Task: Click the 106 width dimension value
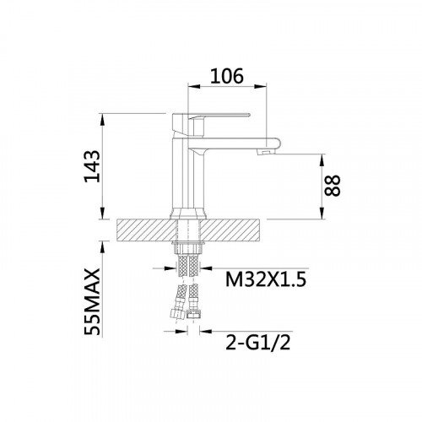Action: (226, 76)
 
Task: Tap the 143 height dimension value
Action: (92, 166)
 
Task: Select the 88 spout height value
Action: (333, 186)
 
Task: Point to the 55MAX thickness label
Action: (92, 302)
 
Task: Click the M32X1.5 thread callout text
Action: (266, 279)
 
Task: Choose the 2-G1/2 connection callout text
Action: (257, 343)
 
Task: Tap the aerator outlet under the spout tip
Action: (267, 152)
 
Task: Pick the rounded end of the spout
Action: (273, 143)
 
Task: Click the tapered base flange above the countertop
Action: (188, 214)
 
